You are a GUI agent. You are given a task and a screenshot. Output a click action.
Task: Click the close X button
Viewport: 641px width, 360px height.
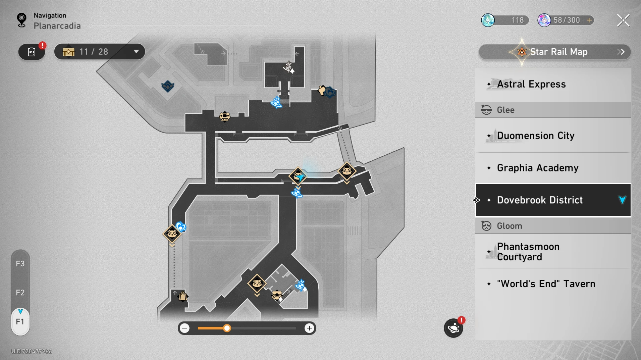pos(623,20)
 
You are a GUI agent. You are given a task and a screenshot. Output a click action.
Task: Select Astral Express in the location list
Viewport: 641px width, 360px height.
pos(553,84)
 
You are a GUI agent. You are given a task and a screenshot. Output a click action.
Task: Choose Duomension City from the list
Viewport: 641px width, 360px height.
pos(553,136)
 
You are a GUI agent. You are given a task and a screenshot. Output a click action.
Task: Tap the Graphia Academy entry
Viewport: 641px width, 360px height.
pos(553,168)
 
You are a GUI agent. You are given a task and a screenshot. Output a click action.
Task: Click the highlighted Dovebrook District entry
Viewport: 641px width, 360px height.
pos(553,200)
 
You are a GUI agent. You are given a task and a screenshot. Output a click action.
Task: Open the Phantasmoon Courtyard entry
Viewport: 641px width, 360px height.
pos(553,252)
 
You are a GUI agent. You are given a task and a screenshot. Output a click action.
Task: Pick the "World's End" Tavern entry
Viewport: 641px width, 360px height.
pos(553,284)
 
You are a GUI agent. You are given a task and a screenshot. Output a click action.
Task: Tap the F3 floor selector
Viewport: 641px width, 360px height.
pos(20,264)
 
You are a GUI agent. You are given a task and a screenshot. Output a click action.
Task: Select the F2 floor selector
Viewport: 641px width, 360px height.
pos(20,293)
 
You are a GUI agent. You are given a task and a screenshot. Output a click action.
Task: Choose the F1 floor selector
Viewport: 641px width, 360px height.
pos(20,322)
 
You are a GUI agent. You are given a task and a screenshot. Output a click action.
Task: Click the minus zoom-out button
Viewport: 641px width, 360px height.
pos(184,328)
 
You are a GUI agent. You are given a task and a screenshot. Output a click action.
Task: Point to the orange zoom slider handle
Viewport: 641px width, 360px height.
pos(227,328)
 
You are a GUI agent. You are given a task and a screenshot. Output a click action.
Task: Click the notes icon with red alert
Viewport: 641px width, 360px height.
pos(32,52)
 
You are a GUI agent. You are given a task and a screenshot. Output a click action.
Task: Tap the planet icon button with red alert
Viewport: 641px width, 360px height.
pos(453,328)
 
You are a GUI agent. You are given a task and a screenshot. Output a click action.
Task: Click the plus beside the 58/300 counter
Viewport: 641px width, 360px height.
pos(589,20)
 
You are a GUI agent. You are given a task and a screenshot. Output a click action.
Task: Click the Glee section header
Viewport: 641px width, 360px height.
pos(553,110)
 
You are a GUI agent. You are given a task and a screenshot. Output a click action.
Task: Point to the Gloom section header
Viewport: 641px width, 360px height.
pos(553,226)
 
